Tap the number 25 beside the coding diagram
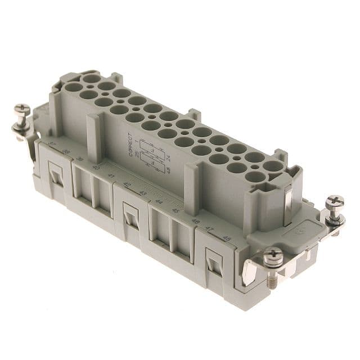tap(137, 138)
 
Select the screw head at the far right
tap(335, 201)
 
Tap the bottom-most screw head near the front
tap(273, 255)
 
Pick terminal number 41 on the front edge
tap(110, 175)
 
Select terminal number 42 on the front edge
tap(127, 184)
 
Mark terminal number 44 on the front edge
tap(159, 201)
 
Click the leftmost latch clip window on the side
tap(56, 175)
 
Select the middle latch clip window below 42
tap(132, 217)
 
